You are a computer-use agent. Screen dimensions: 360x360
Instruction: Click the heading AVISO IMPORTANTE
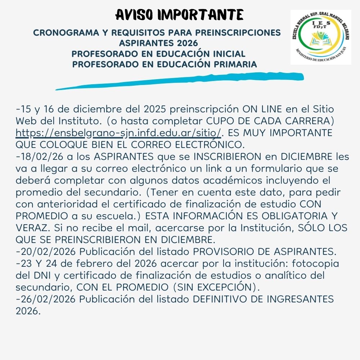click(180, 15)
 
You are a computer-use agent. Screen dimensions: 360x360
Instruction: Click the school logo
click(320, 37)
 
